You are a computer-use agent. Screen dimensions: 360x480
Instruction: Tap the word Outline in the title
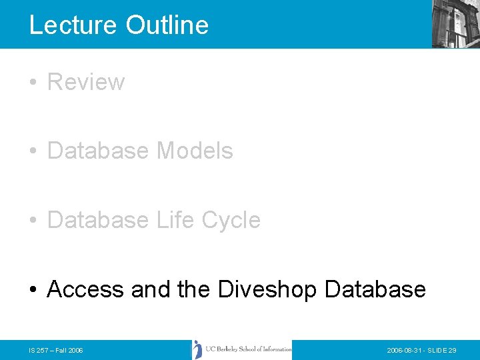coord(167,25)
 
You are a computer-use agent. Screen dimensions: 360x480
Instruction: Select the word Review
coord(86,82)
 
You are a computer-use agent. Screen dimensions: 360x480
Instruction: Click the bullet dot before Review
coord(33,83)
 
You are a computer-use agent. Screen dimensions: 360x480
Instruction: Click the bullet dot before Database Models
coord(33,151)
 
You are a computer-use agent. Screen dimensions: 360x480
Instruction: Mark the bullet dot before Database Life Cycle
coord(33,221)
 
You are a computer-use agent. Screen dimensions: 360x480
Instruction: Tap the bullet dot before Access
coord(33,290)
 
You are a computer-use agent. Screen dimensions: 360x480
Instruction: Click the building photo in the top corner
coord(455,23)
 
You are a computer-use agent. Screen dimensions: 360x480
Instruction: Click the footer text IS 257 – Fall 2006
coord(56,350)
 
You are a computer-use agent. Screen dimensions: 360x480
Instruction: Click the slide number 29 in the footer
coord(453,350)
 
